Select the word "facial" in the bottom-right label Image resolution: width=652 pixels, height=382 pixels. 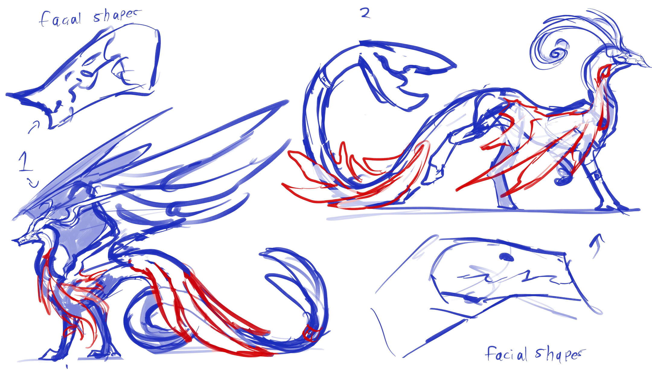click(x=507, y=354)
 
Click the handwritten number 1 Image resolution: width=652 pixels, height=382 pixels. click(x=24, y=162)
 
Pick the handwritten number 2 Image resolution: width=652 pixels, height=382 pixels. click(x=365, y=13)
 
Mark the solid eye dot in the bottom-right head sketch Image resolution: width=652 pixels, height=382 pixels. click(x=506, y=257)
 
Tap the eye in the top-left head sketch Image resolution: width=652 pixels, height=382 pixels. click(x=87, y=72)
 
